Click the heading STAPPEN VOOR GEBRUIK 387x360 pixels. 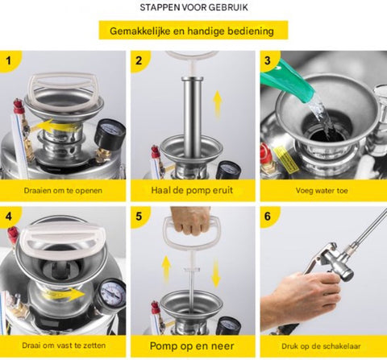(193, 8)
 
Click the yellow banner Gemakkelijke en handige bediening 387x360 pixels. (193, 31)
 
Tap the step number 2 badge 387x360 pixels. (139, 60)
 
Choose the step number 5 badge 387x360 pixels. (139, 217)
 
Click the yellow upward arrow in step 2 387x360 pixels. (216, 105)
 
